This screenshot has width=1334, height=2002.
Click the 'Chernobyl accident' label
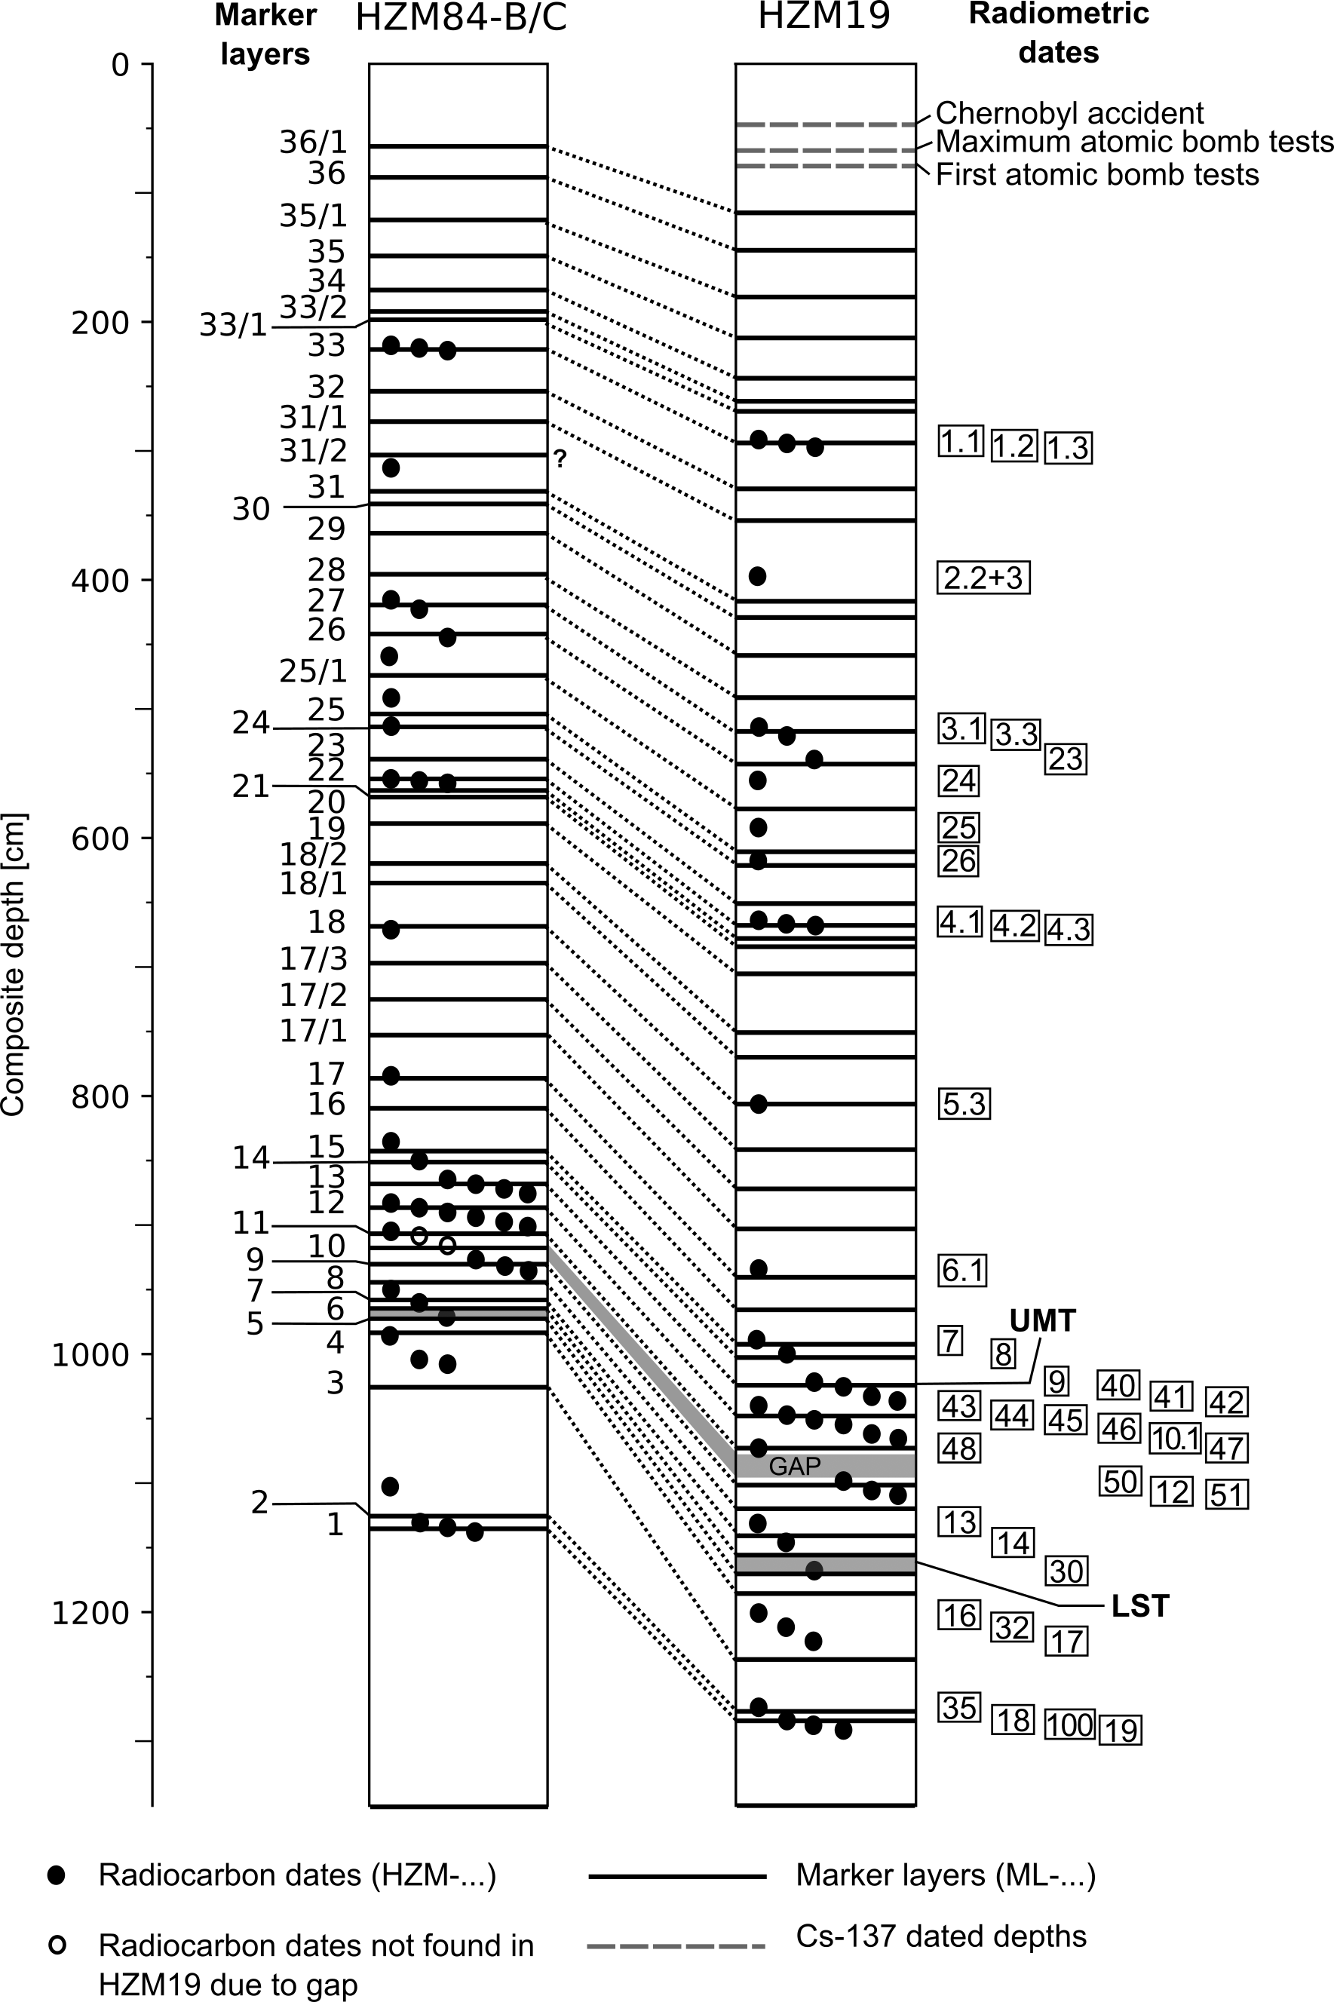coord(1069,113)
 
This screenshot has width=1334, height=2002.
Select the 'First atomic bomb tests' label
coord(1096,174)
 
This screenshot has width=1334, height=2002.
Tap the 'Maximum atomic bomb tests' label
coord(1134,142)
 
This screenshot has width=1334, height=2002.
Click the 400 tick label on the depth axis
coord(100,581)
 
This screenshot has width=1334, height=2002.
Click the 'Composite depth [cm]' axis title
coord(14,964)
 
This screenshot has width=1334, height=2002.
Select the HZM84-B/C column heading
coord(460,17)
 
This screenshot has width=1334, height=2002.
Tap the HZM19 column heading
coord(823,15)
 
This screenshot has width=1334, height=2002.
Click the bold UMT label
coord(1042,1321)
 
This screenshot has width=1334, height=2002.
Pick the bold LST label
coord(1140,1605)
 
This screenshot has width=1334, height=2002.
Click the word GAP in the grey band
coord(795,1466)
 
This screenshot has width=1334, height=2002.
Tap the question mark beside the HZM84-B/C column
coord(560,459)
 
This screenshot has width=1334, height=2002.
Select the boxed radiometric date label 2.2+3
coord(983,578)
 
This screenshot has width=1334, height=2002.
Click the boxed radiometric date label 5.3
coord(964,1104)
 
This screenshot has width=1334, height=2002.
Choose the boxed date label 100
coord(1069,1725)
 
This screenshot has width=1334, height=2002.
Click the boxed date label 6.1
coord(962,1271)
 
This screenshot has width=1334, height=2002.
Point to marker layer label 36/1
coord(313,142)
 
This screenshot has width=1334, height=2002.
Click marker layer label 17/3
coord(313,959)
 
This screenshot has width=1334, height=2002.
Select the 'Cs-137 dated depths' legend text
coord(941,1936)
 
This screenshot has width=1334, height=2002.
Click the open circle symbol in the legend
coord(57,1944)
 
